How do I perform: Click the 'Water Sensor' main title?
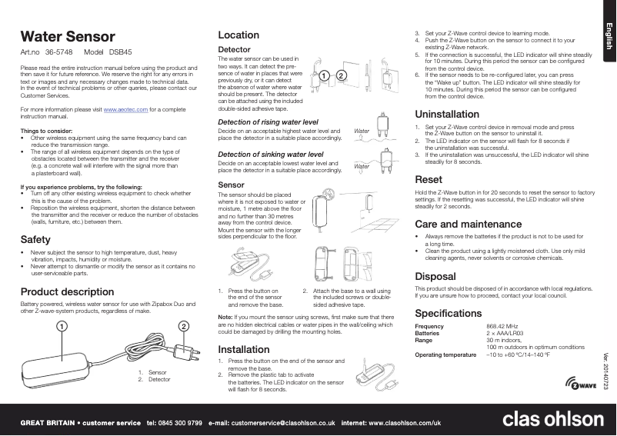click(67, 36)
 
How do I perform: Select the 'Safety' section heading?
click(35, 240)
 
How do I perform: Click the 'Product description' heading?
click(67, 292)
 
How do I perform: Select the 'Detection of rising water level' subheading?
click(268, 122)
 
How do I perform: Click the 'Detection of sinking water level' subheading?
click(270, 155)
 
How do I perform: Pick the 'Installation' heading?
click(244, 349)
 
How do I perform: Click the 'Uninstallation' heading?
click(446, 115)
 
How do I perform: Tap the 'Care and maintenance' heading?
click(462, 223)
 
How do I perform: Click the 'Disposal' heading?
click(434, 275)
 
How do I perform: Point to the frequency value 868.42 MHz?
click(502, 327)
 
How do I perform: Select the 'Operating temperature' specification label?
click(446, 354)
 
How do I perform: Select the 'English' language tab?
click(607, 37)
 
